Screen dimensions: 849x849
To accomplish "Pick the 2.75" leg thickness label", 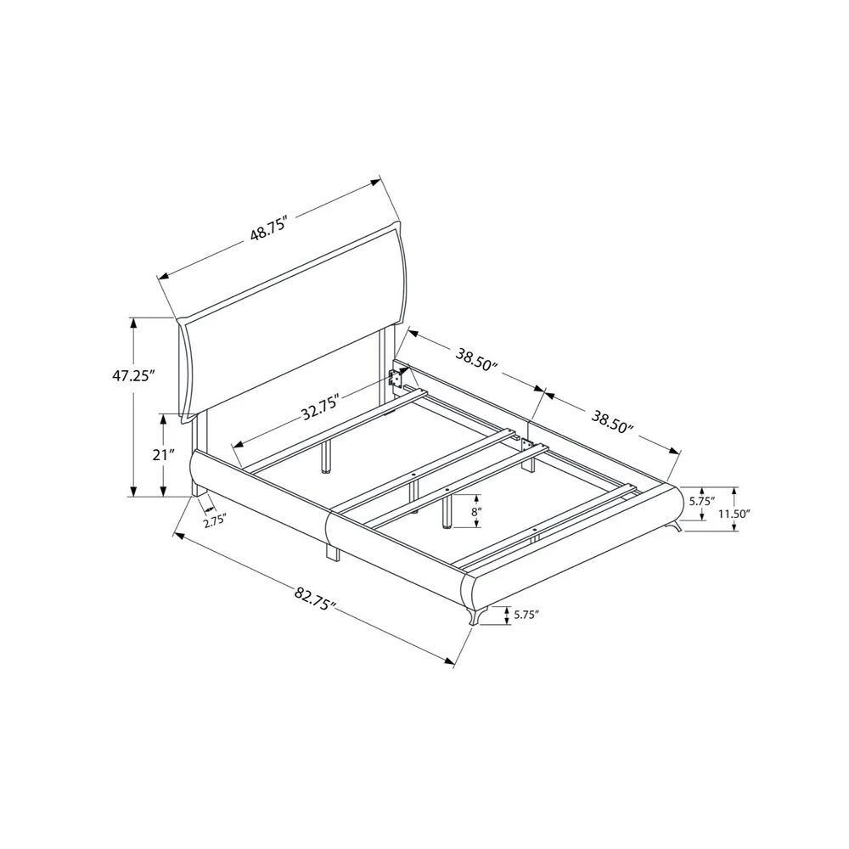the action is coord(215,522).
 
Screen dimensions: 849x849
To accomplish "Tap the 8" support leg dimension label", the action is coord(475,512).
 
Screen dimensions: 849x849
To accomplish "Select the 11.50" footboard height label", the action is coord(734,514).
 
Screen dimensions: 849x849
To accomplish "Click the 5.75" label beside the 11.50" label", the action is coord(702,502).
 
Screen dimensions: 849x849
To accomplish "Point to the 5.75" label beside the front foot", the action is coord(526,615).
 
